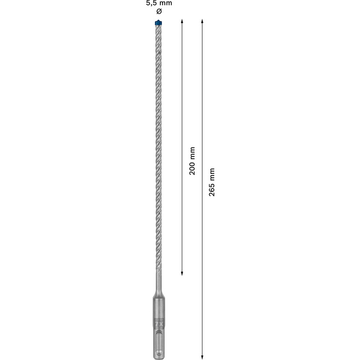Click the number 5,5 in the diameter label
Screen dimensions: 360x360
click(x=149, y=3)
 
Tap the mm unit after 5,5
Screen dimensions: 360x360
click(x=165, y=3)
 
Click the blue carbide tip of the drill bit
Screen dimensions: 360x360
click(x=157, y=23)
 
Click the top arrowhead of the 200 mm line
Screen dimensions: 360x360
click(x=182, y=21)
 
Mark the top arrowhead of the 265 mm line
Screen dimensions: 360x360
click(x=201, y=21)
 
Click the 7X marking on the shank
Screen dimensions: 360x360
click(x=157, y=325)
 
